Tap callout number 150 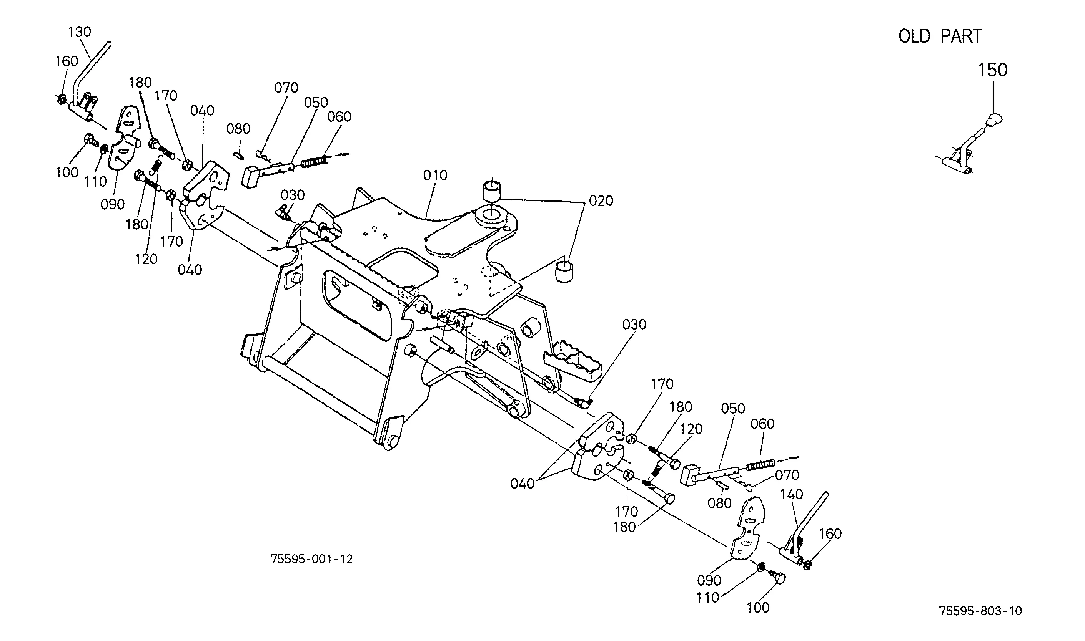click(993, 70)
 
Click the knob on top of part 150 click(994, 118)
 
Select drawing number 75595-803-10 click(980, 611)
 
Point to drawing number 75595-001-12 click(312, 559)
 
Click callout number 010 click(435, 176)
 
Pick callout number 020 click(601, 201)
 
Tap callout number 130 click(80, 32)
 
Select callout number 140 click(792, 494)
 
